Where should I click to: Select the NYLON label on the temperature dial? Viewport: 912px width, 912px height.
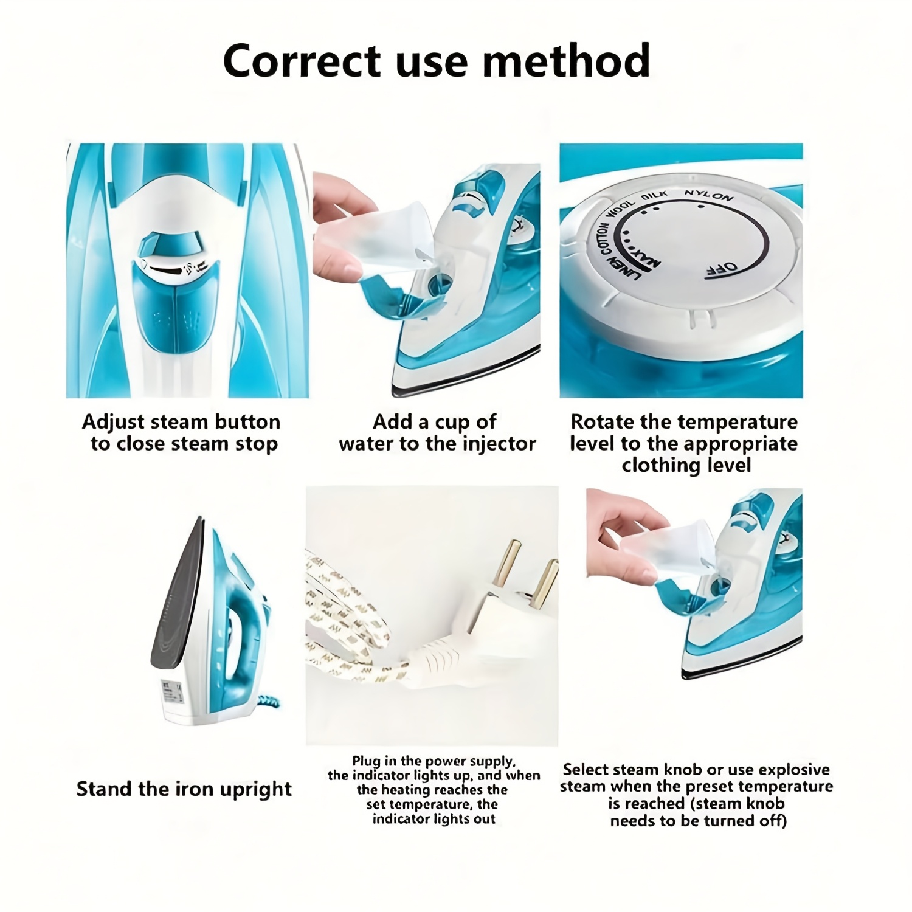(x=708, y=196)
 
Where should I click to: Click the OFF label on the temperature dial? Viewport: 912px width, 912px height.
(x=722, y=269)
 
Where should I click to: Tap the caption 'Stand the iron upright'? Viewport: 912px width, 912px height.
(x=184, y=789)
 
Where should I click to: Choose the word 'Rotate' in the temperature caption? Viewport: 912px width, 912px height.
(x=604, y=422)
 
